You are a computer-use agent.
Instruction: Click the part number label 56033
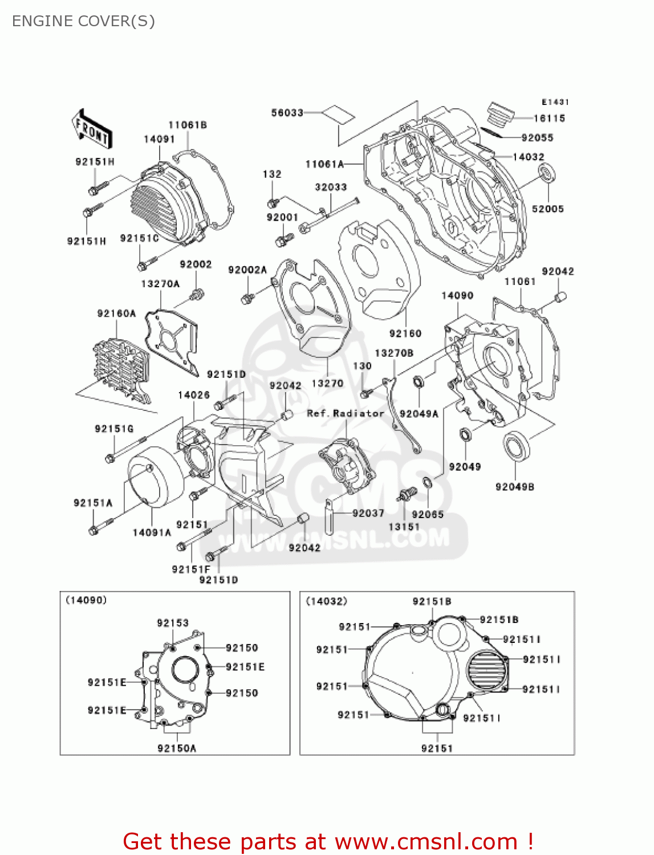pyautogui.click(x=287, y=113)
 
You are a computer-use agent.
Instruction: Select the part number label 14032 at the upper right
pyautogui.click(x=528, y=157)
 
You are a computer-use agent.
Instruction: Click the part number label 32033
pyautogui.click(x=331, y=187)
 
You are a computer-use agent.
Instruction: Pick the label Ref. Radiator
pyautogui.click(x=346, y=413)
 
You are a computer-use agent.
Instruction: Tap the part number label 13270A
pyautogui.click(x=160, y=284)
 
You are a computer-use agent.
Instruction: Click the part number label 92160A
pyautogui.click(x=116, y=313)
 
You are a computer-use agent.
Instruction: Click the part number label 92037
pyautogui.click(x=368, y=513)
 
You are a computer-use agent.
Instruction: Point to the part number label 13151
pyautogui.click(x=404, y=527)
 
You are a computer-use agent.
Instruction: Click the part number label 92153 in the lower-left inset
pyautogui.click(x=173, y=623)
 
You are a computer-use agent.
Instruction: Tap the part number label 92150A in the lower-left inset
pyautogui.click(x=177, y=748)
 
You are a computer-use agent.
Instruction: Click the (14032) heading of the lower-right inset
pyautogui.click(x=326, y=601)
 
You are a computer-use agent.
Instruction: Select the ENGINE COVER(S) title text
pyautogui.click(x=83, y=21)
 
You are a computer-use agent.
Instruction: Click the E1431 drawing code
pyautogui.click(x=555, y=102)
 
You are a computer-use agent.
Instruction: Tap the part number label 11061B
pyautogui.click(x=187, y=125)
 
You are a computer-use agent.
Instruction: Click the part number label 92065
pyautogui.click(x=427, y=514)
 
